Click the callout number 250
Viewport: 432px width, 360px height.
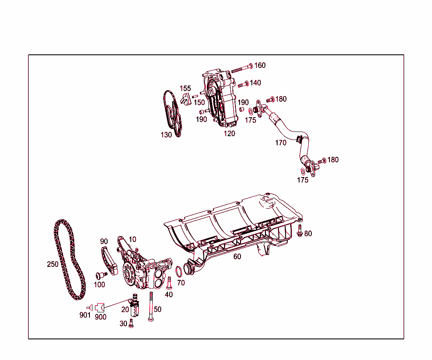pos(53,264)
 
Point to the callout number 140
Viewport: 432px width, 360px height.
pos(255,83)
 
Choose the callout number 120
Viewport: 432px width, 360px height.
pos(229,134)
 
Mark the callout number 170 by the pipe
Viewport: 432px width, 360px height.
pos(281,143)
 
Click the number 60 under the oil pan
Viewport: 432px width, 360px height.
pos(237,256)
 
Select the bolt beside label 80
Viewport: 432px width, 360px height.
pos(300,230)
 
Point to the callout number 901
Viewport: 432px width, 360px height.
pos(85,315)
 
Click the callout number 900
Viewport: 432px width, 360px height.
pos(100,317)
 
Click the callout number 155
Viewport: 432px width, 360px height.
pos(185,89)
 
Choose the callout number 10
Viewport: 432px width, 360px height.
pos(132,239)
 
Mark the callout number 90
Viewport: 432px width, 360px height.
pos(104,242)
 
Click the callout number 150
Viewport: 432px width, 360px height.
pos(199,102)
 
